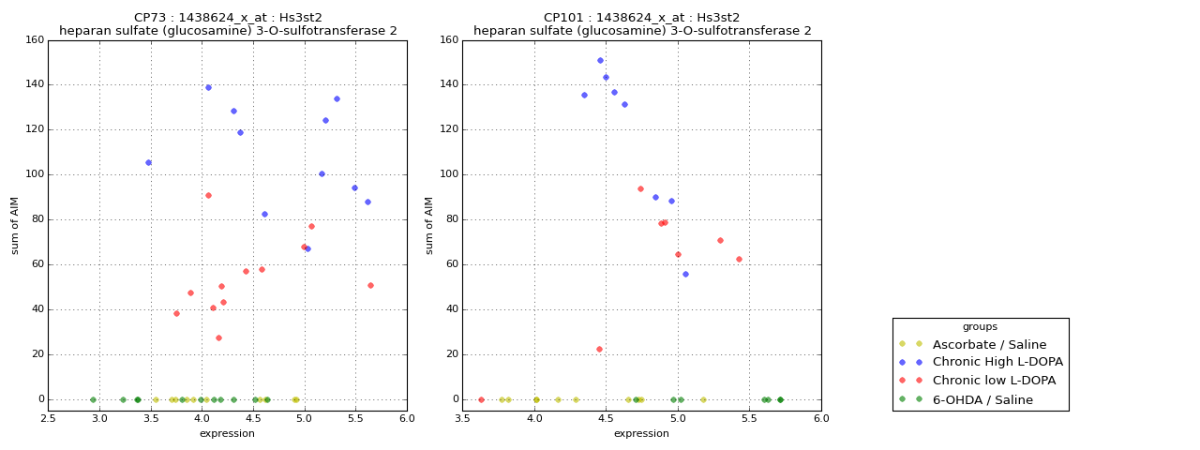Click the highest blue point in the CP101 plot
[x=600, y=60]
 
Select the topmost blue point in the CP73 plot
[x=208, y=87]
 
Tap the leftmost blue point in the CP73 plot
[x=148, y=162]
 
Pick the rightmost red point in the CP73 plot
[x=370, y=285]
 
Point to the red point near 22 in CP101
[x=599, y=349]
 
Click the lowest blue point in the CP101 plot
[x=685, y=274]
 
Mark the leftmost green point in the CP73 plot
[x=93, y=399]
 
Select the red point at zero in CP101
[x=481, y=399]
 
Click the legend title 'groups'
[x=980, y=326]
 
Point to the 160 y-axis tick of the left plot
[x=33, y=40]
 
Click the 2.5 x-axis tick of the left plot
[x=49, y=418]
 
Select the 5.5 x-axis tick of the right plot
[x=749, y=418]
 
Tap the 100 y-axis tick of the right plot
[x=447, y=174]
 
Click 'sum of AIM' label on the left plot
[x=15, y=225]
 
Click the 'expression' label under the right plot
[x=641, y=433]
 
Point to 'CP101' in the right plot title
[x=562, y=18]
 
